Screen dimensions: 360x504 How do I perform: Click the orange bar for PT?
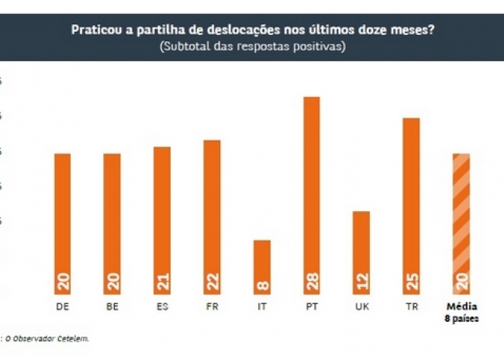tap(312, 194)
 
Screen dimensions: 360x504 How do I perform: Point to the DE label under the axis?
tap(62, 306)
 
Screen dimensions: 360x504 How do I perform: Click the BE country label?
tap(112, 306)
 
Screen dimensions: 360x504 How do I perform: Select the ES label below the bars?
tap(162, 306)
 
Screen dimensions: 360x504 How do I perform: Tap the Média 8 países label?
tap(461, 311)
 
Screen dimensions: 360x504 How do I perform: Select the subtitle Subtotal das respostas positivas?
tap(252, 46)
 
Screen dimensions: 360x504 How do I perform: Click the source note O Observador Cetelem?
tap(48, 338)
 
